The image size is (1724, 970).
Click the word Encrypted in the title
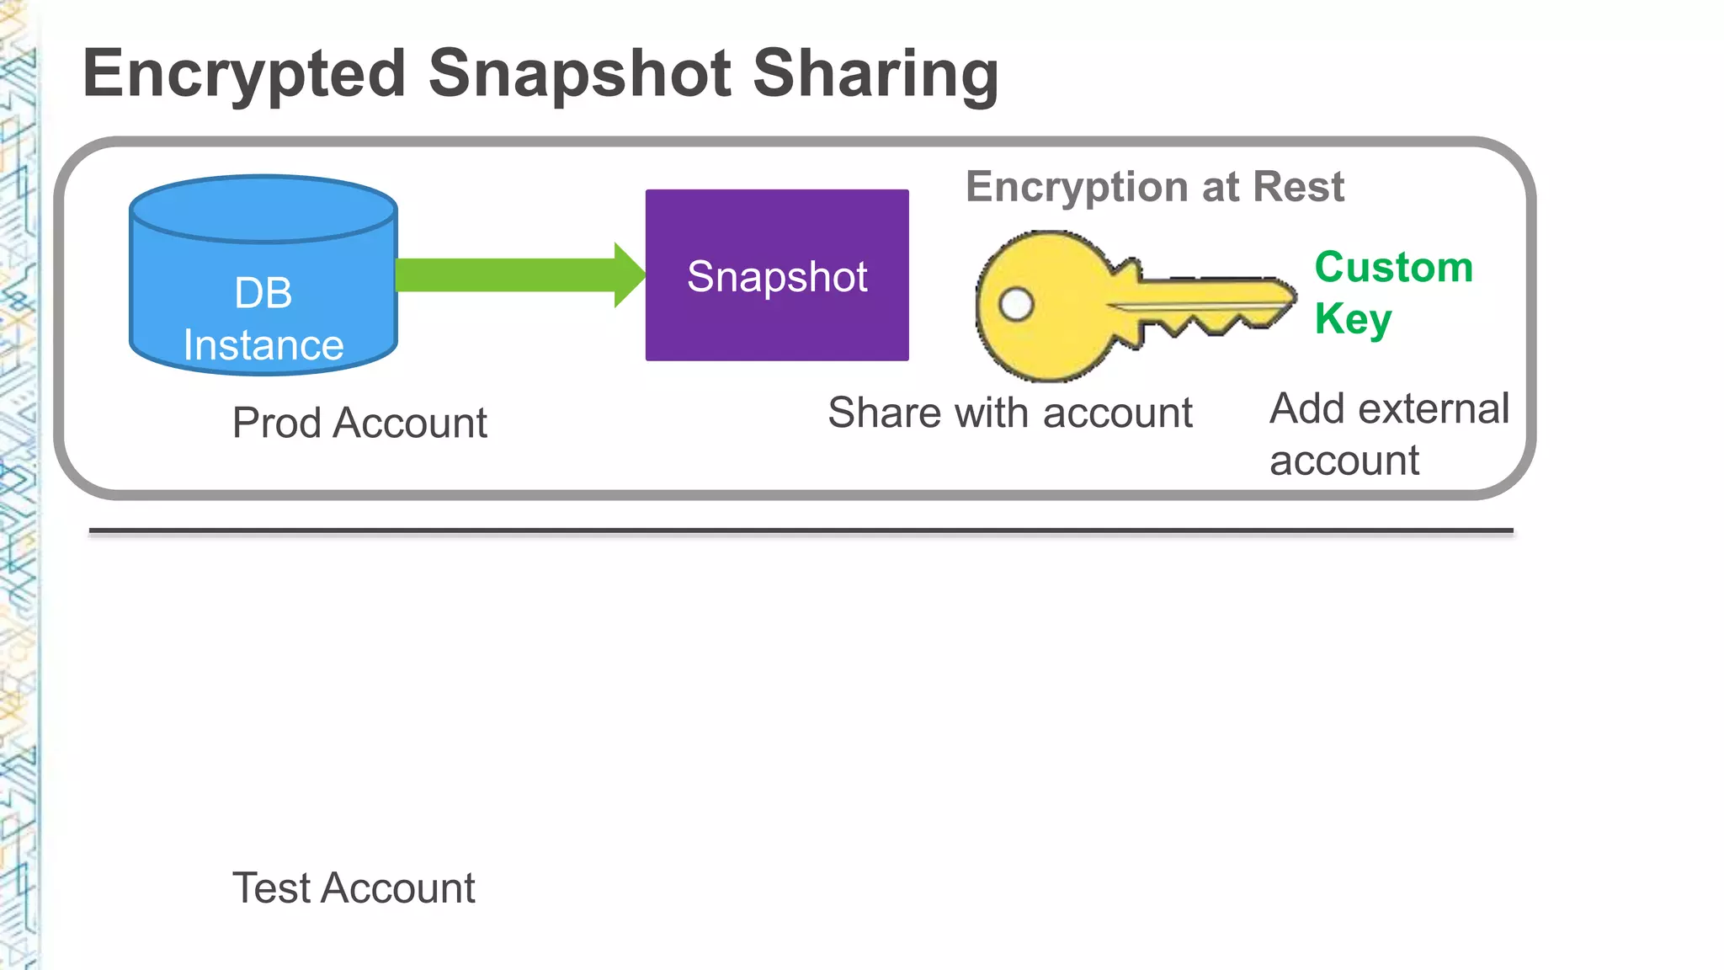tap(244, 74)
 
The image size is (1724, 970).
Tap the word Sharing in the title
tap(875, 74)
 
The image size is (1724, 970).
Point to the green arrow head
tap(630, 275)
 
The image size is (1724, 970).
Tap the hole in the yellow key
tap(1016, 304)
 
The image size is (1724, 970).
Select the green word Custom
tap(1393, 268)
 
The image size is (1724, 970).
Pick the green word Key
tap(1353, 320)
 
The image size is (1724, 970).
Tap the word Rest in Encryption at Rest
tap(1298, 187)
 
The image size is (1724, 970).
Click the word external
tap(1434, 409)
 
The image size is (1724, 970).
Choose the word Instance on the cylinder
tap(263, 345)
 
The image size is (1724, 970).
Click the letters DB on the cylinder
tap(263, 294)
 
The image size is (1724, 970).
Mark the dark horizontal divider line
tap(800, 531)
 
